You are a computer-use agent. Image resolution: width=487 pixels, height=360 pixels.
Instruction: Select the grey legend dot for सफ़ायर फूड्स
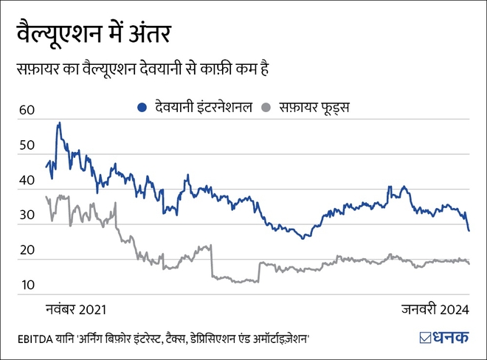[268, 108]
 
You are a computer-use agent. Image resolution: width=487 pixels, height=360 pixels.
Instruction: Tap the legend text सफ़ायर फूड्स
[313, 108]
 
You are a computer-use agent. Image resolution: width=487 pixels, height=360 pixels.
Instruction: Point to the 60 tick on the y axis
[27, 110]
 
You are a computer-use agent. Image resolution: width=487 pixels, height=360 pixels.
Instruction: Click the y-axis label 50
[27, 145]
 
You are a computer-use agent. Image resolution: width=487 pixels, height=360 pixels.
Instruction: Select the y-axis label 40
[27, 180]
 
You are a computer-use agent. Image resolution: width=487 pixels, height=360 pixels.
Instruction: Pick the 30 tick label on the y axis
[27, 215]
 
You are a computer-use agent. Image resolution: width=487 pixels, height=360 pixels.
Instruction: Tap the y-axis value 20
[27, 250]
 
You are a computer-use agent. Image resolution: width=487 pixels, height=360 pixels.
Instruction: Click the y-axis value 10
[27, 285]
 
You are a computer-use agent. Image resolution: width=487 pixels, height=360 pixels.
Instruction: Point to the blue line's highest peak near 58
[59, 123]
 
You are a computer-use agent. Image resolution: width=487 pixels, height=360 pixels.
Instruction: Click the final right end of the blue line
[469, 230]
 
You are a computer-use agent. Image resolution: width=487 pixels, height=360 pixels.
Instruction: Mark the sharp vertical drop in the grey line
[212, 261]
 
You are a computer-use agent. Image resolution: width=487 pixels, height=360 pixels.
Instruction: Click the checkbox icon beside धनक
[425, 339]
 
